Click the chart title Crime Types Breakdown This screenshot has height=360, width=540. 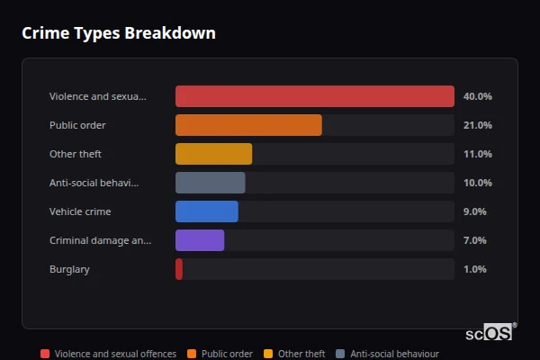click(x=118, y=33)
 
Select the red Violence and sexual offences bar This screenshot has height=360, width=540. click(x=314, y=96)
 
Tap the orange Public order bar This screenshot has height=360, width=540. click(x=248, y=125)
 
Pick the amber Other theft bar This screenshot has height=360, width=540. click(x=213, y=154)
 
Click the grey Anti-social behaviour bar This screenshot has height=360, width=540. click(x=210, y=183)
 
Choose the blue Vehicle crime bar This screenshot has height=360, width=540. click(x=206, y=211)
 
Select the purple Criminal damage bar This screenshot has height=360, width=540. click(x=199, y=240)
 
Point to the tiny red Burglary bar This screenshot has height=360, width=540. click(x=179, y=269)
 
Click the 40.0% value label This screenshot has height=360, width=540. click(x=477, y=96)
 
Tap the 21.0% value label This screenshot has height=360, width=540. click(x=477, y=125)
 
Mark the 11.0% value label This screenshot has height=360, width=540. click(x=477, y=154)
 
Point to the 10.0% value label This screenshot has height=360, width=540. click(x=477, y=183)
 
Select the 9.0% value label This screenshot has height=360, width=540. click(x=474, y=211)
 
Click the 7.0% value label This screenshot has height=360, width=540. click(x=474, y=240)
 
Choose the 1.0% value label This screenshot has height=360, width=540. click(x=474, y=269)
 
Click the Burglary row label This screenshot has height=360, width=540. click(x=69, y=269)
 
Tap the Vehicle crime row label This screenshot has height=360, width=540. click(x=80, y=211)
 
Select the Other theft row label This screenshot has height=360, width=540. click(x=75, y=154)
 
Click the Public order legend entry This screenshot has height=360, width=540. click(x=220, y=354)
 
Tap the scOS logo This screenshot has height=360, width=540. click(x=490, y=332)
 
